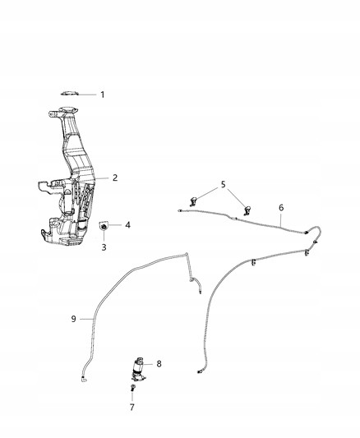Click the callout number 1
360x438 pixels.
(103, 95)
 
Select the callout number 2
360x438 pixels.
(115, 178)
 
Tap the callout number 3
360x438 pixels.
(104, 247)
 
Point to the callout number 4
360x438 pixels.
(127, 225)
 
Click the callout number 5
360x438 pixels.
(223, 184)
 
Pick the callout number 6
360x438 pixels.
(281, 208)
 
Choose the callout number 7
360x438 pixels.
(132, 407)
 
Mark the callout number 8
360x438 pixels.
(159, 364)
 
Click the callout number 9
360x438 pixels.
(73, 319)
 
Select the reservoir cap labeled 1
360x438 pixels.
(70, 93)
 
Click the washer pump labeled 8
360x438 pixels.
(139, 369)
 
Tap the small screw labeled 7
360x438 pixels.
(132, 387)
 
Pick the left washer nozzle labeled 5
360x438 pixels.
(193, 201)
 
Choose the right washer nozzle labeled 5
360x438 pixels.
(247, 210)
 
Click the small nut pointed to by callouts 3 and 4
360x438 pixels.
(104, 225)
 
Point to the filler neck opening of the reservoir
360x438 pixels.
(67, 109)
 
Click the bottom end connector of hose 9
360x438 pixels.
(84, 379)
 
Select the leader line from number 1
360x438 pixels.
(87, 95)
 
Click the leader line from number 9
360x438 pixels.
(86, 319)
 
